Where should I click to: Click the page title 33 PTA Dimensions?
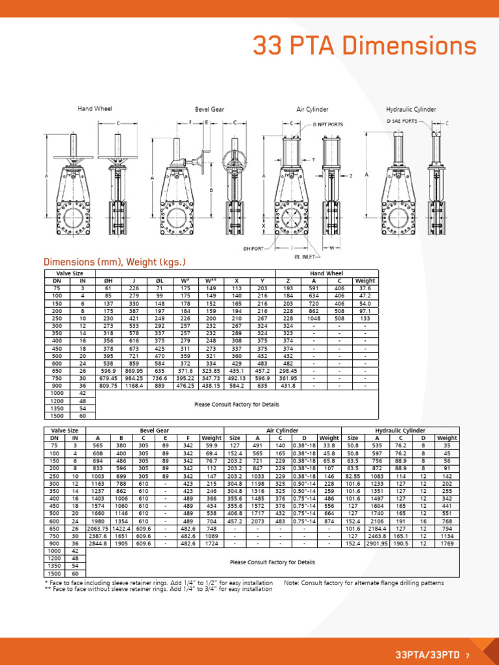click(364, 46)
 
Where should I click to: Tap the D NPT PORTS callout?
click(328, 123)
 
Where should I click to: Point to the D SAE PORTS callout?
click(402, 121)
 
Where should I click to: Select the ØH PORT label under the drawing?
click(253, 248)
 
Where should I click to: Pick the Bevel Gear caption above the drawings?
click(209, 109)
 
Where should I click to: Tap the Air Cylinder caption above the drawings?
click(313, 109)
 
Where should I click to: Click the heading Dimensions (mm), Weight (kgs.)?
click(114, 262)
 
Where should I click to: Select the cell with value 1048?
click(314, 319)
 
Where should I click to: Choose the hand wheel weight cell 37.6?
click(365, 288)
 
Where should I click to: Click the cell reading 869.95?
click(134, 370)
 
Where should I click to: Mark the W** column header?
click(211, 281)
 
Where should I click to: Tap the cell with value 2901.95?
click(376, 544)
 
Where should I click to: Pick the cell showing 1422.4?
click(121, 529)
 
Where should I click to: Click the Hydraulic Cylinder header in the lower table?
click(400, 431)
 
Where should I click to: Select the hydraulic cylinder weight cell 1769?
click(447, 544)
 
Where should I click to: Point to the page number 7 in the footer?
click(467, 656)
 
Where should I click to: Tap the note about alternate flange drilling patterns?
click(364, 583)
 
